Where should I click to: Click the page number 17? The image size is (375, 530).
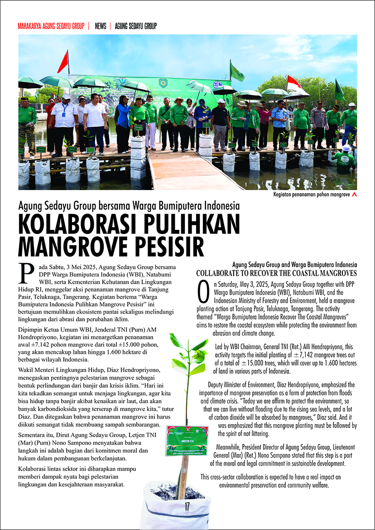coord(187,507)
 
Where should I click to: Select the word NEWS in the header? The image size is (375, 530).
coord(101,26)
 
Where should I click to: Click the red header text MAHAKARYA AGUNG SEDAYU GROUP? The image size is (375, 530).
coord(51,26)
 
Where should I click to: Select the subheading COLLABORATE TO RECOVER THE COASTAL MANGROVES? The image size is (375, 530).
coord(276,273)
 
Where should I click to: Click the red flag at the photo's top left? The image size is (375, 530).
coord(63,62)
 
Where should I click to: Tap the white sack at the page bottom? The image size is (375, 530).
coord(177,507)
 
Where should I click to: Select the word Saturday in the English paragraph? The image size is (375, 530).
coord(226,284)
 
